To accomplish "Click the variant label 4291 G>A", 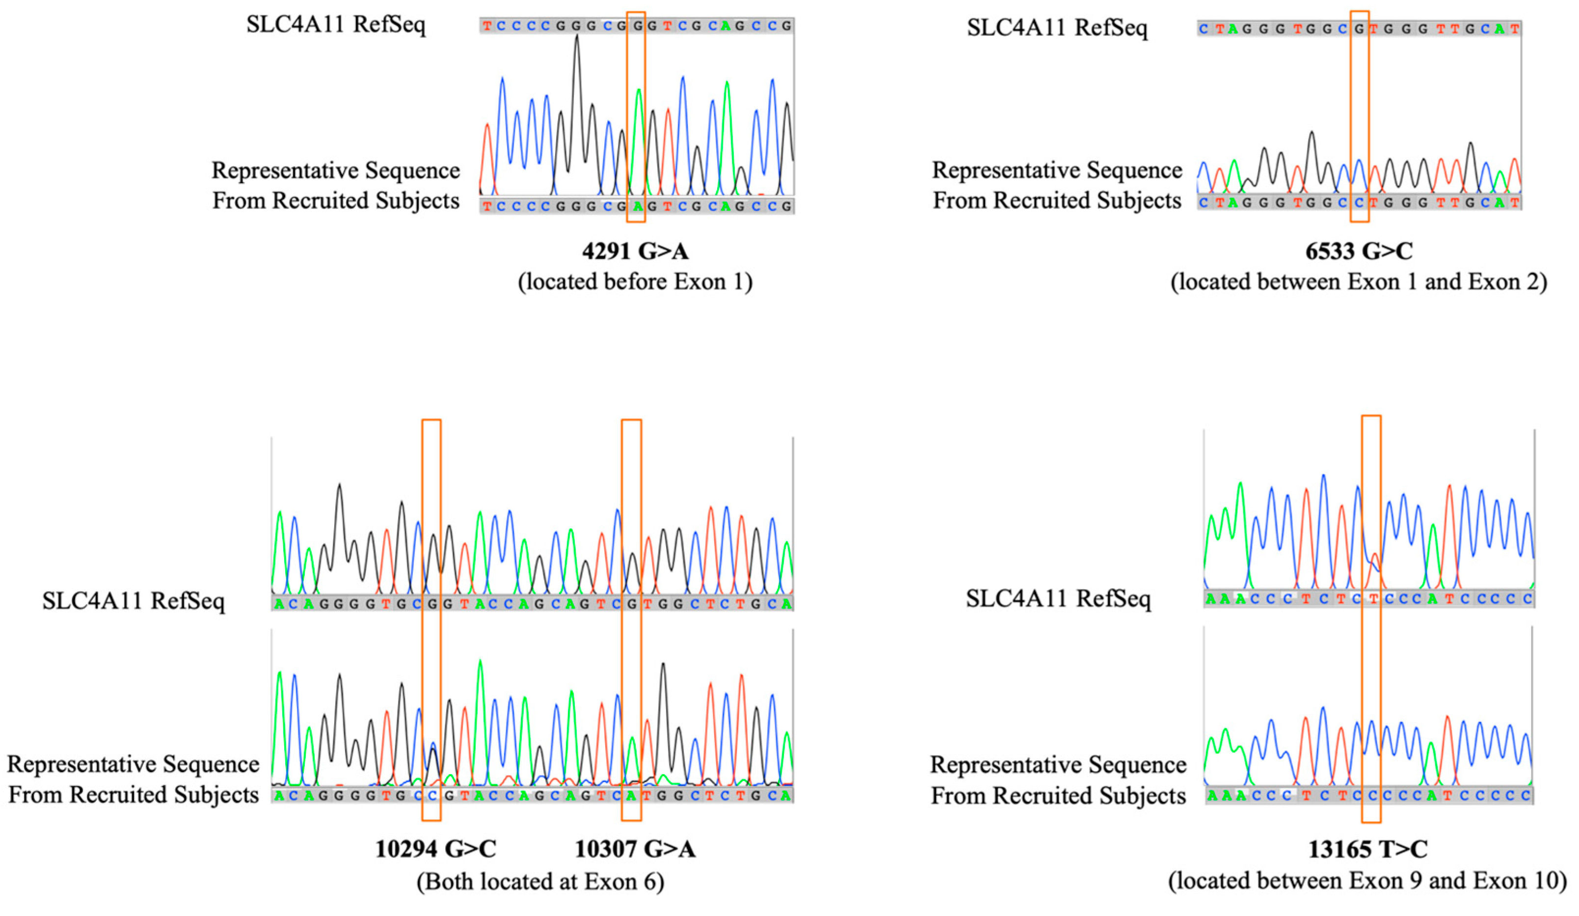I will click(x=635, y=251).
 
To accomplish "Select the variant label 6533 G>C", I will click(x=1359, y=251).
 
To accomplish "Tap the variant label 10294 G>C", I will click(x=435, y=849).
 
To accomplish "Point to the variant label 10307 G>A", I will click(x=635, y=849).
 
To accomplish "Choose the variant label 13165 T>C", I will click(x=1368, y=849).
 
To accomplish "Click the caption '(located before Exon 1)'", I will click(x=635, y=282).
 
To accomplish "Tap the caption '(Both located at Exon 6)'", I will click(x=540, y=881).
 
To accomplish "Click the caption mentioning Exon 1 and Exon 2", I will click(x=1359, y=282).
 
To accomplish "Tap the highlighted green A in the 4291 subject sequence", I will click(x=637, y=206).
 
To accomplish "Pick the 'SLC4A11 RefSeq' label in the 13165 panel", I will click(x=1058, y=598).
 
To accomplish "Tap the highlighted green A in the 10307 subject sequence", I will click(x=632, y=796).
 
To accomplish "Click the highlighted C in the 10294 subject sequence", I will click(x=432, y=796).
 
